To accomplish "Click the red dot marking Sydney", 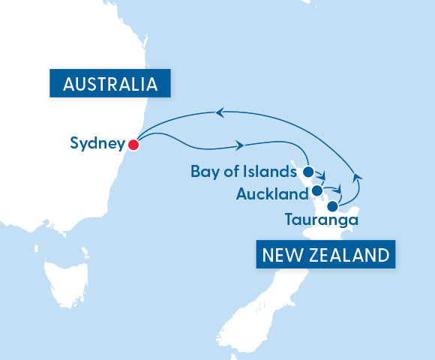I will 133,144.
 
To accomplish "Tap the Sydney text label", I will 96,144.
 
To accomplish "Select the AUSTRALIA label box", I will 109,83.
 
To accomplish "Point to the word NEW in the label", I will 281,255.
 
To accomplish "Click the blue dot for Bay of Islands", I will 308,172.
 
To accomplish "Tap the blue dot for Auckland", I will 317,190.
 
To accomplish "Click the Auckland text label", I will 271,195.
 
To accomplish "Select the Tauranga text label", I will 321,220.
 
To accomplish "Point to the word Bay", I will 203,172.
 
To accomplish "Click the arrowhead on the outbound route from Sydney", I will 242,144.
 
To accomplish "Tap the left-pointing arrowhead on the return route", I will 220,112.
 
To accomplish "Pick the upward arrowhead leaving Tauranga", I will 357,175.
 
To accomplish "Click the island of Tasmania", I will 66,279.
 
